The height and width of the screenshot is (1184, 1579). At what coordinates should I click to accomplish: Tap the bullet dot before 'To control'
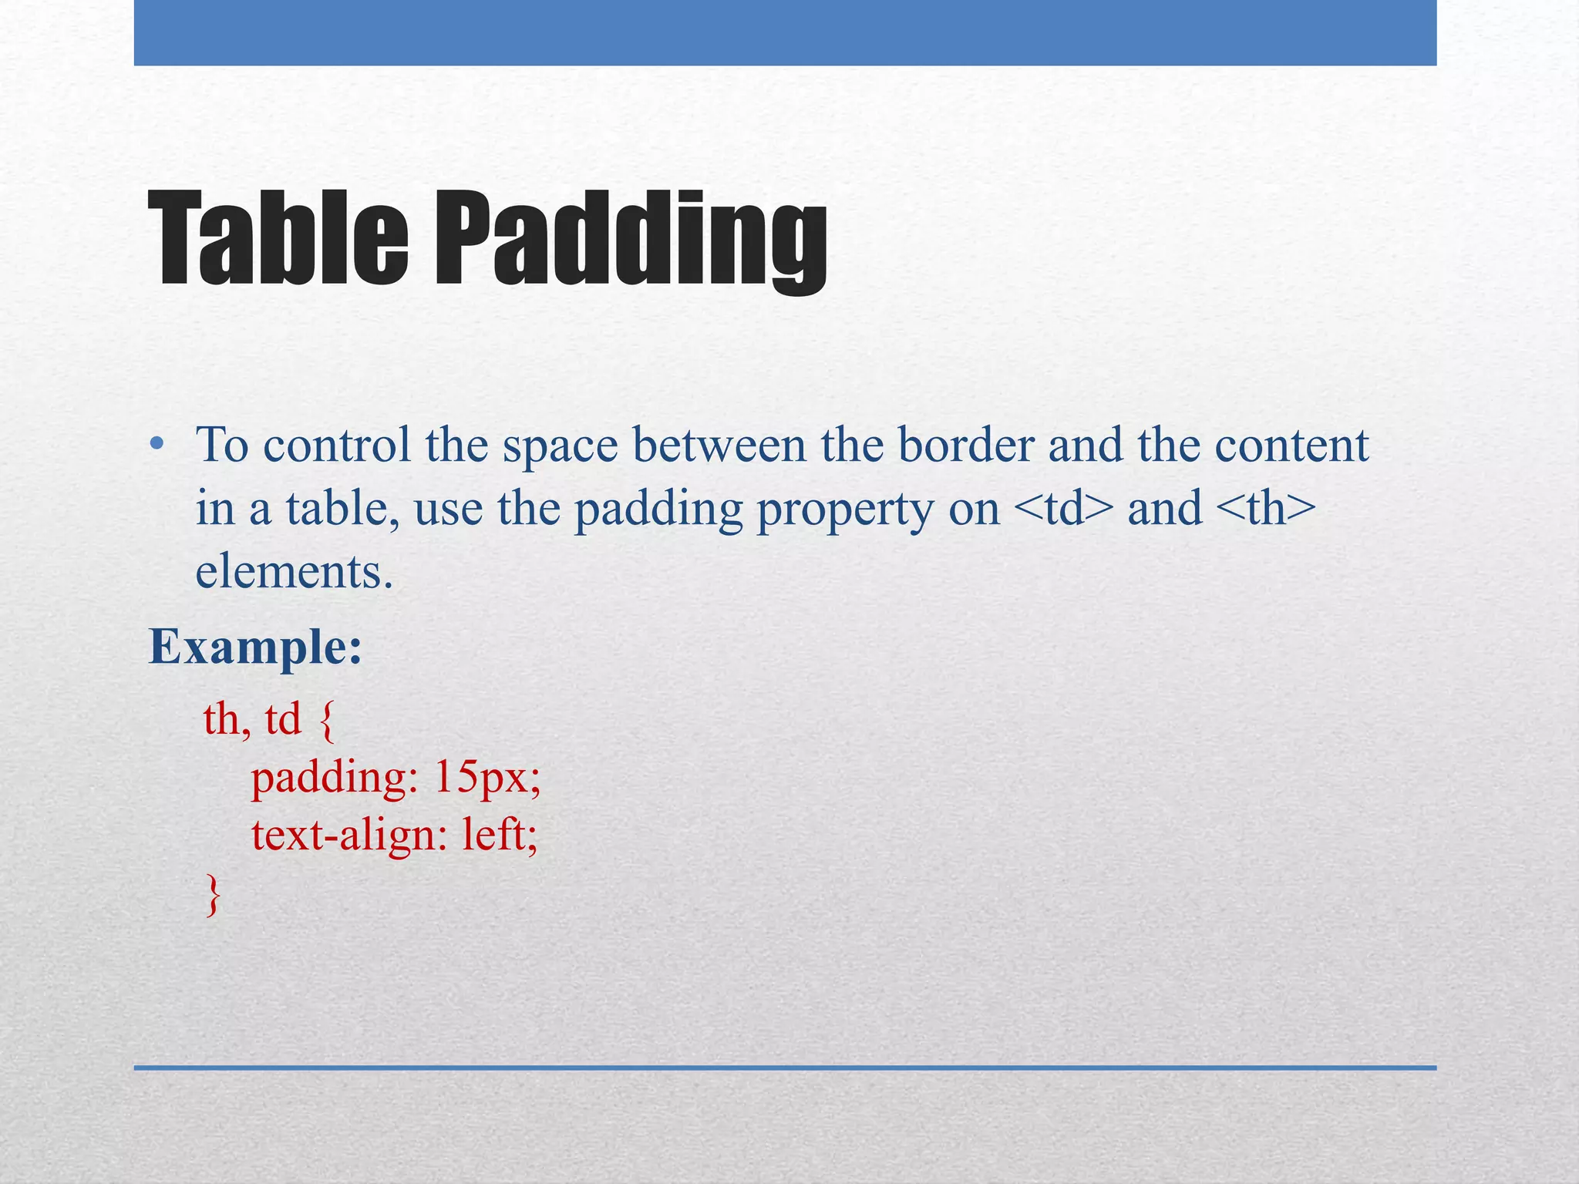coord(157,444)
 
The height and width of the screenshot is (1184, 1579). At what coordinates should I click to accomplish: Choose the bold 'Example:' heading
coord(255,647)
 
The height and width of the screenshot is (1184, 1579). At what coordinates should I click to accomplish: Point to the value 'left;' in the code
coord(500,834)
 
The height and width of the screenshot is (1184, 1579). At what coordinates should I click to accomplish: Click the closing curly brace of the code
coord(213,894)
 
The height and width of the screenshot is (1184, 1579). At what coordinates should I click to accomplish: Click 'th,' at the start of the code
coord(227,720)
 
